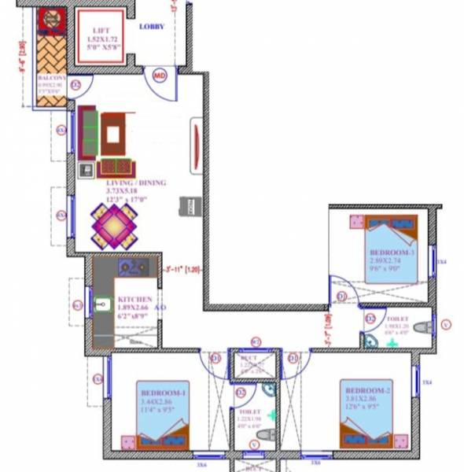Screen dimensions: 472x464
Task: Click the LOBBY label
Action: (x=152, y=27)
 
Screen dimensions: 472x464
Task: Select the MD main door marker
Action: (x=160, y=76)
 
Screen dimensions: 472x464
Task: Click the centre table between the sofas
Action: (x=113, y=135)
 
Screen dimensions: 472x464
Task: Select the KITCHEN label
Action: (x=134, y=300)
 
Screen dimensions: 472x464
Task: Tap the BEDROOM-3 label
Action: (x=386, y=252)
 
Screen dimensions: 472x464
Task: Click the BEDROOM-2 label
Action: (x=367, y=391)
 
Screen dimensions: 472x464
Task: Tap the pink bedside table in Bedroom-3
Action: (x=354, y=222)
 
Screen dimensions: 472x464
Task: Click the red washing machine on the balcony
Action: (x=53, y=19)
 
